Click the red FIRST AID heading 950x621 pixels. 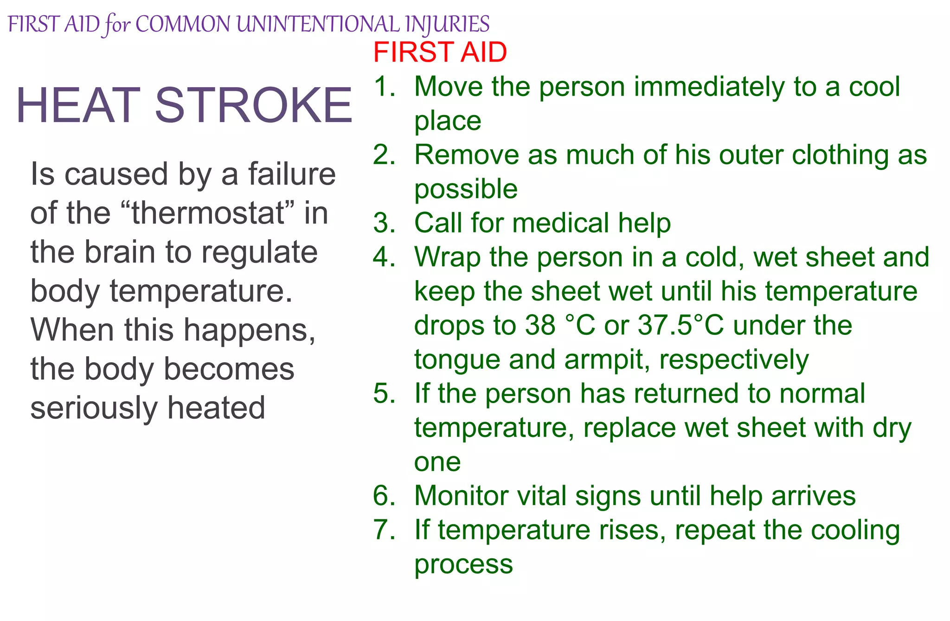[x=440, y=52]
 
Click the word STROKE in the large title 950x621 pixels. [x=253, y=106]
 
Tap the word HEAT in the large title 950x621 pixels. [x=78, y=106]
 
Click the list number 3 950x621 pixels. [x=384, y=223]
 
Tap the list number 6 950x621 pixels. [x=384, y=495]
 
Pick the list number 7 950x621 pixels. [x=384, y=530]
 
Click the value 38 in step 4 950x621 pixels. [x=540, y=325]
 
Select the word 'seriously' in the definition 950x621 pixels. [x=94, y=408]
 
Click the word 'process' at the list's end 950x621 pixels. [x=463, y=564]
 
